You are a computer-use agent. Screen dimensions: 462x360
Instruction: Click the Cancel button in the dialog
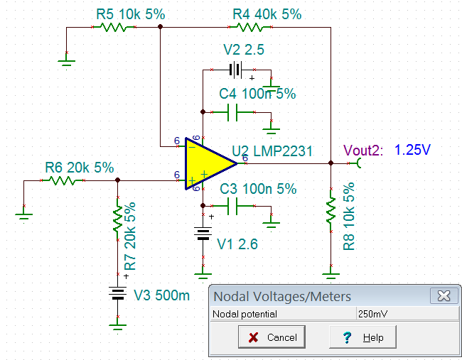pyautogui.click(x=272, y=337)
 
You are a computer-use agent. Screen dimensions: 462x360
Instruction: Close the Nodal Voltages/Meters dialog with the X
pyautogui.click(x=444, y=296)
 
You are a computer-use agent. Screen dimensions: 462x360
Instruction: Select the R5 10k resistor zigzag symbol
pyautogui.click(x=114, y=28)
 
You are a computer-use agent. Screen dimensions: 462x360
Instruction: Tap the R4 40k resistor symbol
pyautogui.click(x=250, y=28)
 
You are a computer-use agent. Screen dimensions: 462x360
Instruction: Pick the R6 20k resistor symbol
pyautogui.click(x=63, y=180)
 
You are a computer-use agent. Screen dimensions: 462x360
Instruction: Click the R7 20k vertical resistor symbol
pyautogui.click(x=118, y=219)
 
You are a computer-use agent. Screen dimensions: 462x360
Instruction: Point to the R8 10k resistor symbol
pyautogui.click(x=331, y=210)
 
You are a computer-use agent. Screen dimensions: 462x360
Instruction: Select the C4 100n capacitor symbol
pyautogui.click(x=232, y=112)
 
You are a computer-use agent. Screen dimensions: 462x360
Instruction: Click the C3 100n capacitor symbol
pyautogui.click(x=232, y=206)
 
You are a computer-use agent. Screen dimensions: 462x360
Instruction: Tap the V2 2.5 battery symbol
pyautogui.click(x=235, y=70)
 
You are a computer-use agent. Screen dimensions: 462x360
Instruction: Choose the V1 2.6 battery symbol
pyautogui.click(x=203, y=234)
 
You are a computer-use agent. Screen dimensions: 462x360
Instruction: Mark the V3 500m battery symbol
pyautogui.click(x=117, y=293)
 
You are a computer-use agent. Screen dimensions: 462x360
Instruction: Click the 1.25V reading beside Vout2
pyautogui.click(x=412, y=150)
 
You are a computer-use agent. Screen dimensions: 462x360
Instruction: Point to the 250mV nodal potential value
pyautogui.click(x=372, y=314)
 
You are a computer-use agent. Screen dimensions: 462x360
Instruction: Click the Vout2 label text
pyautogui.click(x=363, y=150)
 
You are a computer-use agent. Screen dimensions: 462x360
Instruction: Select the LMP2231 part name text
pyautogui.click(x=283, y=151)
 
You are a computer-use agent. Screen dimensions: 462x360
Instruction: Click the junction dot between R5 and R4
pyautogui.click(x=161, y=27)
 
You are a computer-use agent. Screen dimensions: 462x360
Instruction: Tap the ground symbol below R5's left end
pyautogui.click(x=66, y=62)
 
